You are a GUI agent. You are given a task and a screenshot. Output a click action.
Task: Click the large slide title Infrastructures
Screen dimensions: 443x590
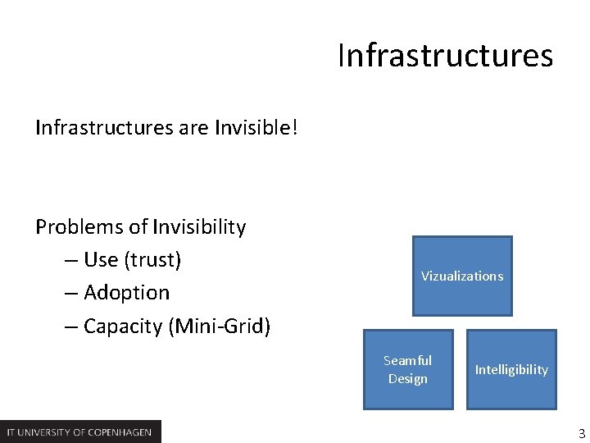(445, 56)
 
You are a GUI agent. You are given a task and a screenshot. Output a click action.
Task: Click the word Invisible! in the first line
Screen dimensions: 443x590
(256, 128)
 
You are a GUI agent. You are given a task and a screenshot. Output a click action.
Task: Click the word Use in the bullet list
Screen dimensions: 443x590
(101, 260)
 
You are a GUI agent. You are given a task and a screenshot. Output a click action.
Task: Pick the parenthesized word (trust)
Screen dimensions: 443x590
(152, 260)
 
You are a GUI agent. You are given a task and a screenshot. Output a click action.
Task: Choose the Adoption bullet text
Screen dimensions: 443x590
(126, 293)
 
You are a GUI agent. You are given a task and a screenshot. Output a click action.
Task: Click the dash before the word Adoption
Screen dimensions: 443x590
(70, 293)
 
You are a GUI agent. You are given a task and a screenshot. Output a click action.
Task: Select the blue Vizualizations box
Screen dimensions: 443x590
(462, 276)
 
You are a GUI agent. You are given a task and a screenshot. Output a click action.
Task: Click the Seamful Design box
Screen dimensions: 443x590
(408, 369)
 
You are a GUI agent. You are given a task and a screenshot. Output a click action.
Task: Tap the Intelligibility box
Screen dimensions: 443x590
(511, 369)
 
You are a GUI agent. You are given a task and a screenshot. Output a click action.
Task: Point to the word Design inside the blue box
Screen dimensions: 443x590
(408, 378)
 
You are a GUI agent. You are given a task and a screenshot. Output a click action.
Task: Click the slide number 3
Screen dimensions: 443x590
(581, 432)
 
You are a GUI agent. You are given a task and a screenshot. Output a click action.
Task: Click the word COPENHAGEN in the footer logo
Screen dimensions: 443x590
(120, 432)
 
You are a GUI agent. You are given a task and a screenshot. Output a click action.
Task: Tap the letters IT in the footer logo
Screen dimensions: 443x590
(11, 432)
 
